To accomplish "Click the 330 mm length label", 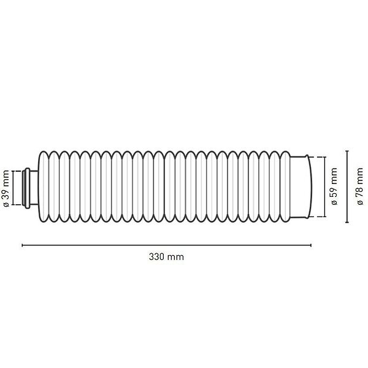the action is pos(166,257).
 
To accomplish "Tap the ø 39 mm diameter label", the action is pos(6,188).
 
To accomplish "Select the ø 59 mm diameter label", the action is pos(334,186).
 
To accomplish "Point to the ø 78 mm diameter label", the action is pos(359,186).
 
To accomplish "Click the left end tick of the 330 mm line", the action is pos(22,245).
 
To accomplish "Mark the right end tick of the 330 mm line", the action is pos(311,245).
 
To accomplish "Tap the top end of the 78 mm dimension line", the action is pos(347,151).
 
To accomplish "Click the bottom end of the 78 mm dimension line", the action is pos(347,222).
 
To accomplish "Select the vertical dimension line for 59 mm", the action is pos(325,187).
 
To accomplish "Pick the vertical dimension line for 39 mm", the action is pos(13,188).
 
